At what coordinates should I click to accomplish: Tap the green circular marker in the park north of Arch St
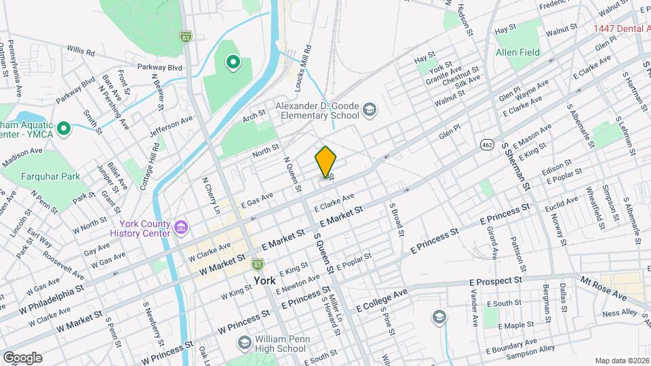pos(233,64)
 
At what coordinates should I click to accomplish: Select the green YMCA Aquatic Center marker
pos(64,128)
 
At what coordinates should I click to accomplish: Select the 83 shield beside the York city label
pos(257,263)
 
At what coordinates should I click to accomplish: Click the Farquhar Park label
pos(50,176)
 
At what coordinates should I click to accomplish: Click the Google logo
pos(22,358)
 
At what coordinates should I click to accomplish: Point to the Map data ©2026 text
pos(621,360)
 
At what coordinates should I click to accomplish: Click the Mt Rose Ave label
pos(603,288)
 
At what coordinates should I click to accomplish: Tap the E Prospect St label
pos(495,280)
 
